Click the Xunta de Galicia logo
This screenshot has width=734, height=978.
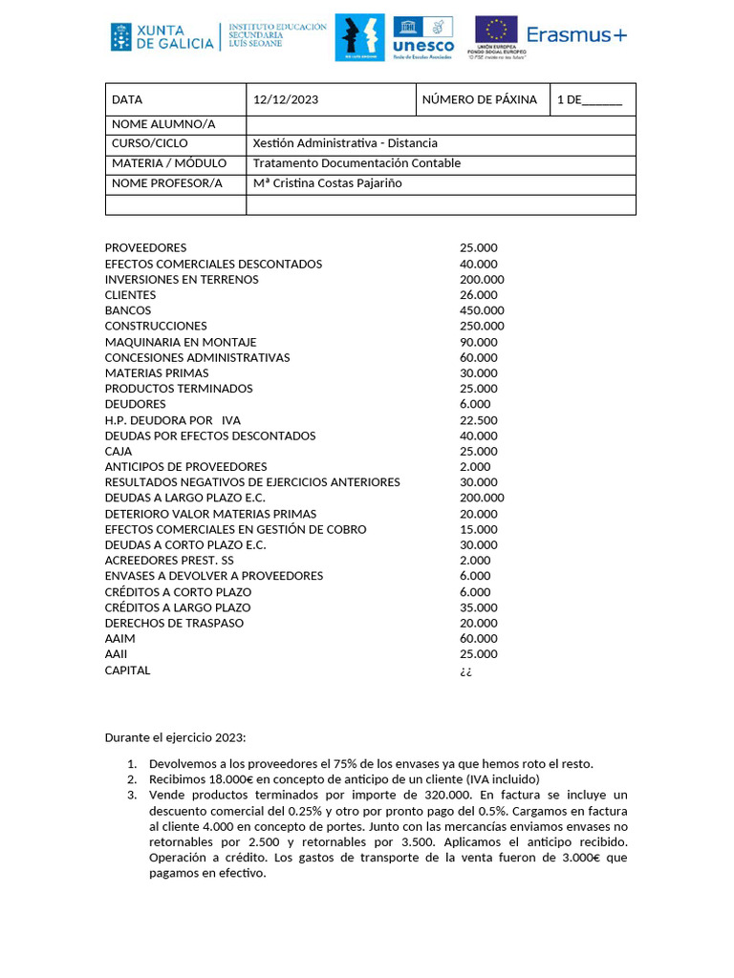tap(162, 36)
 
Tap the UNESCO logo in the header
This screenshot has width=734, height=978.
tap(423, 37)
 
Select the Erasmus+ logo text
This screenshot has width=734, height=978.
tap(577, 35)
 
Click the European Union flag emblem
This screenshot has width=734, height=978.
tap(496, 32)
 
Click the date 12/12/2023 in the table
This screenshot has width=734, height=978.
tap(286, 99)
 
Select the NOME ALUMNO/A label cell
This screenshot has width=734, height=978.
tap(163, 124)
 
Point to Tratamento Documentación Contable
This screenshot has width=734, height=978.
tap(356, 163)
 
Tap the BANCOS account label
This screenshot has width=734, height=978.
tap(128, 310)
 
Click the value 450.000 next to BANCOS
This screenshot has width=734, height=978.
tap(482, 310)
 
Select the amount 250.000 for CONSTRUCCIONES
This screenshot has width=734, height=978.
tap(482, 326)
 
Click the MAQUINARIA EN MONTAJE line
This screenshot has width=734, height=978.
tap(181, 342)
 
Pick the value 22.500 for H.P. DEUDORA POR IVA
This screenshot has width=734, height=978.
tap(478, 420)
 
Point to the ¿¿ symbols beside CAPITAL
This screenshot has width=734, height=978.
tap(465, 670)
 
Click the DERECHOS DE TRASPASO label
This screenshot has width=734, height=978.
tap(174, 623)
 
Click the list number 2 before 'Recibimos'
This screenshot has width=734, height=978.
tap(132, 778)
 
